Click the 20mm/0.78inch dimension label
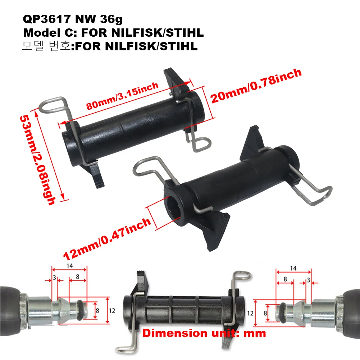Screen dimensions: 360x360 (x=255, y=86)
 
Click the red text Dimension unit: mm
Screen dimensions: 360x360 (x=204, y=333)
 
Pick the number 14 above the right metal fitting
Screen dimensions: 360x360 (x=293, y=268)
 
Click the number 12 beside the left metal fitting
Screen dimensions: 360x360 (x=112, y=310)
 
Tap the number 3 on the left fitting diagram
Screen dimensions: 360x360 (x=54, y=278)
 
